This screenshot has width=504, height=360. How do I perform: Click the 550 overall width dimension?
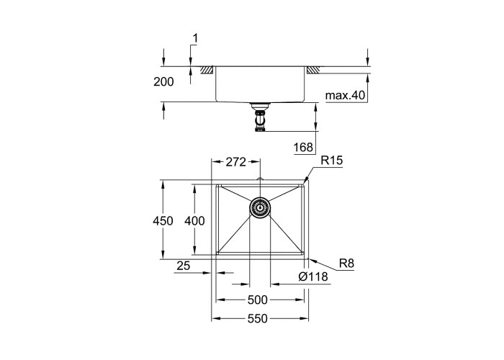tap(258, 318)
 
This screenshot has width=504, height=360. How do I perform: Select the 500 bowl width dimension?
tap(258, 300)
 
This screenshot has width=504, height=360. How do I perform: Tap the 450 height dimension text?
tap(163, 221)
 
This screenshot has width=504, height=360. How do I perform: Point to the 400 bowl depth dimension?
tap(194, 221)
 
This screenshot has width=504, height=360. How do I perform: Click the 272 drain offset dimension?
tap(235, 162)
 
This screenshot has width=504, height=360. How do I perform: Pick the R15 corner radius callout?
tap(332, 161)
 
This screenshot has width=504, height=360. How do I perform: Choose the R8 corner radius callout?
tap(346, 264)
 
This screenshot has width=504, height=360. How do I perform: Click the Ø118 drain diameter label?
tap(313, 276)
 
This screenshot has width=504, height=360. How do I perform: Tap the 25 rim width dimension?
tap(183, 266)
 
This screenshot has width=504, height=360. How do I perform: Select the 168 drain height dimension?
tap(303, 147)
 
